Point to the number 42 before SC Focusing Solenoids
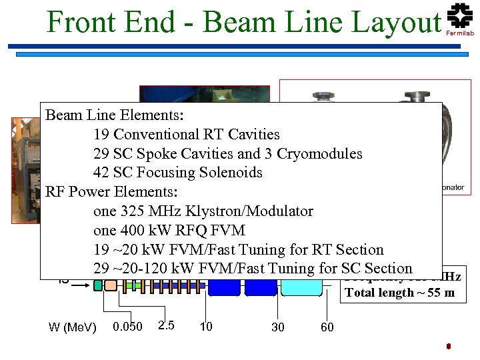(102, 173)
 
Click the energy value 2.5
(167, 325)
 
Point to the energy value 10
(206, 327)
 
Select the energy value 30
(279, 327)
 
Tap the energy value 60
(327, 327)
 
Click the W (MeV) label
(73, 327)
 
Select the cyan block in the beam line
(301, 287)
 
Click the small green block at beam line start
(98, 285)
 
